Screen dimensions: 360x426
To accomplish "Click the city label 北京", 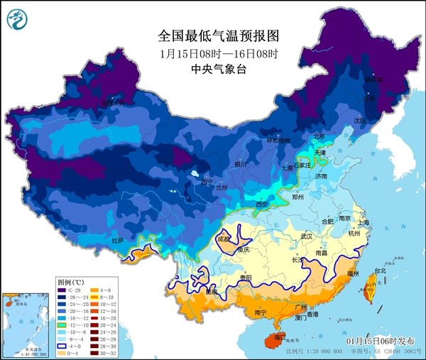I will tap(319, 136).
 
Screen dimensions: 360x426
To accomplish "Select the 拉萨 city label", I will tap(117, 241).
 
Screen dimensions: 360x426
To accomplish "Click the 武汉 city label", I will tap(307, 235).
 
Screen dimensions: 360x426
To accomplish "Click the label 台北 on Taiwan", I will tap(380, 271).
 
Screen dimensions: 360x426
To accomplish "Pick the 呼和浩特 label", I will tap(273, 141).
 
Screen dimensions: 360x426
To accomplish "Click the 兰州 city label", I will tap(222, 187).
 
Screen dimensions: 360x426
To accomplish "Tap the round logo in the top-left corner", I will tap(16, 18).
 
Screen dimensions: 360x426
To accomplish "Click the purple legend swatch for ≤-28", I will tap(62, 290).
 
